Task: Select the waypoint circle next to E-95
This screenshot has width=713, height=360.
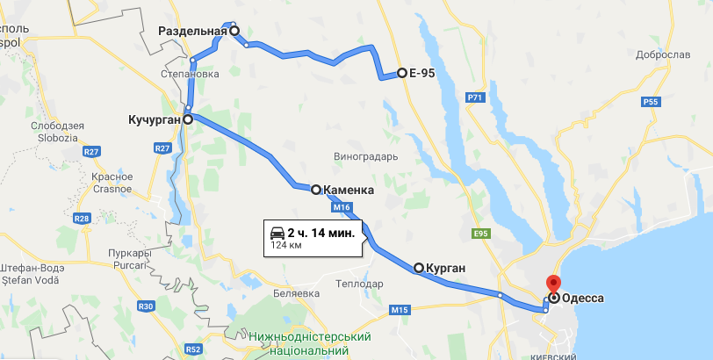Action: click(x=401, y=73)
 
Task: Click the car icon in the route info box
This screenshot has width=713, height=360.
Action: click(x=277, y=233)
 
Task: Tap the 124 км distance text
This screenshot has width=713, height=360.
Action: click(x=285, y=245)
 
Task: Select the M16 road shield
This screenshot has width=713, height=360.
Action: click(x=342, y=207)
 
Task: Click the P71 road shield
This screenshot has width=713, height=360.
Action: click(x=476, y=97)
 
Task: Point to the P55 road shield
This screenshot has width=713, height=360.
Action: click(x=651, y=103)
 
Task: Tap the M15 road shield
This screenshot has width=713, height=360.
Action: click(x=400, y=309)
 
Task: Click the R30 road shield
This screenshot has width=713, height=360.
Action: click(x=146, y=306)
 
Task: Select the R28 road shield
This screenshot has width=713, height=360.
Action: click(x=83, y=218)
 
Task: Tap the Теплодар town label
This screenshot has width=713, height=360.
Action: click(x=360, y=284)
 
